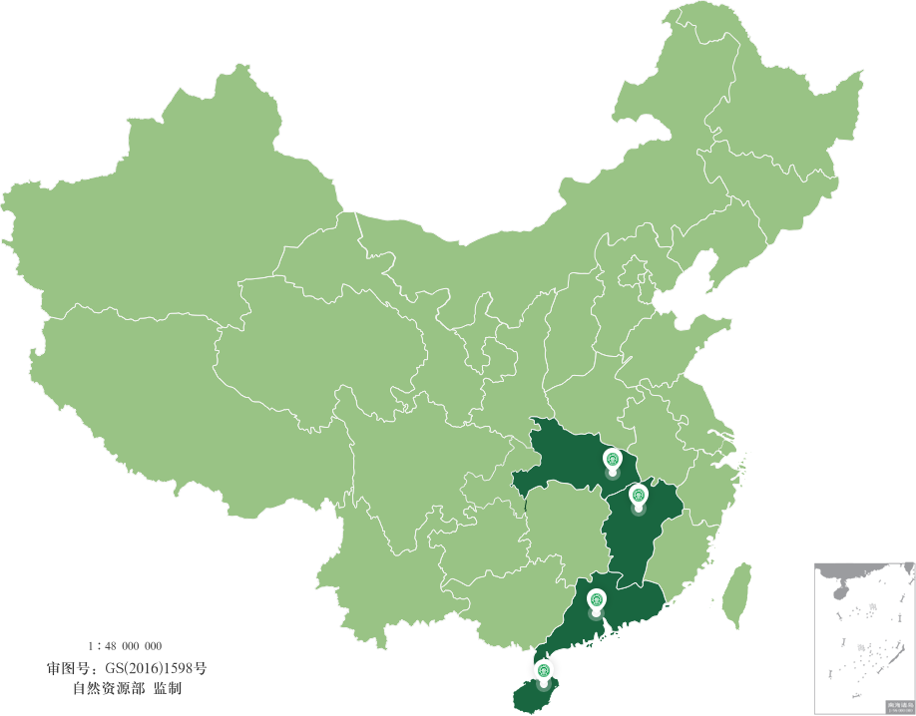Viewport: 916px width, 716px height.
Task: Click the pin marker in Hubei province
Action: [613, 460]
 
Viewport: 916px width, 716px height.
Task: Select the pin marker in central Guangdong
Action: [597, 599]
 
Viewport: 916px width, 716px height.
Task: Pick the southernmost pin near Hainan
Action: [543, 670]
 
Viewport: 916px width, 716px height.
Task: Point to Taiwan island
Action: [737, 594]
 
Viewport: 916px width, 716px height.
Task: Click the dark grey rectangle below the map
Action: [127, 667]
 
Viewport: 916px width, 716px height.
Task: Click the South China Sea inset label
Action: [899, 706]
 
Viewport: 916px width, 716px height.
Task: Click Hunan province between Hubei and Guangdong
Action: [564, 529]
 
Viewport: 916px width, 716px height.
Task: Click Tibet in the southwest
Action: [150, 399]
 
